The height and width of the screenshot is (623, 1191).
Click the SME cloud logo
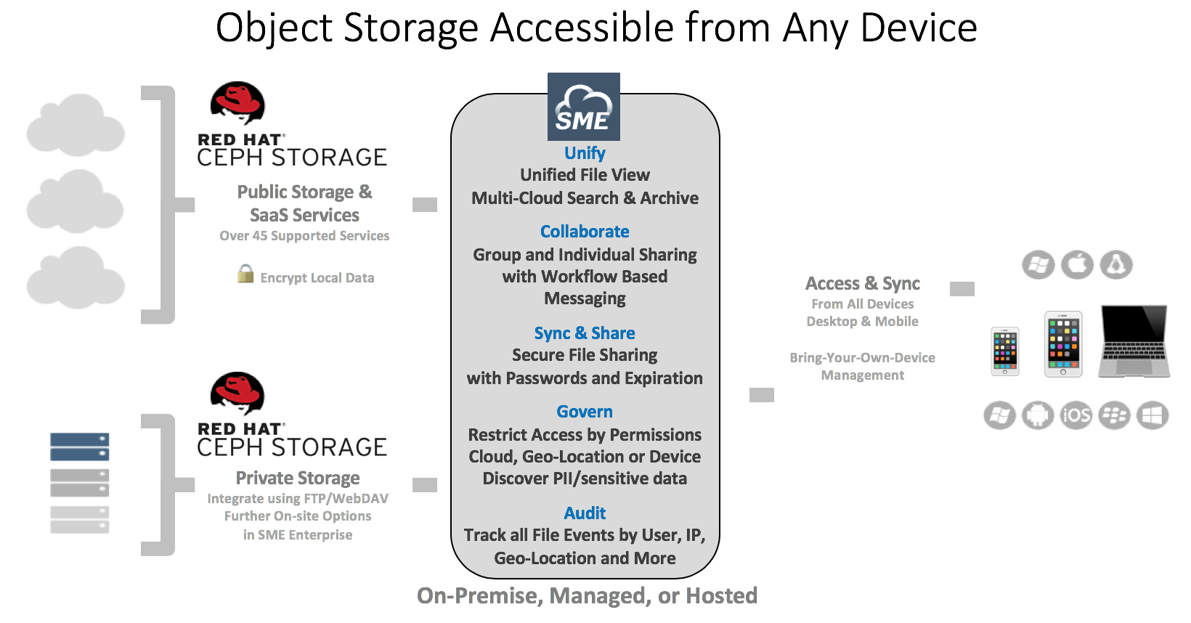(x=583, y=107)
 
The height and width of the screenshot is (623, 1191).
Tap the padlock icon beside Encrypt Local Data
(x=245, y=274)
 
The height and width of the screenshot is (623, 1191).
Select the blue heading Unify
(x=585, y=153)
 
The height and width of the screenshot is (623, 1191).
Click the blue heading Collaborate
(x=585, y=232)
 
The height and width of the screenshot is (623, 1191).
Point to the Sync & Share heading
(x=585, y=333)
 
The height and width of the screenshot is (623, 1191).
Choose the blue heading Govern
(x=585, y=412)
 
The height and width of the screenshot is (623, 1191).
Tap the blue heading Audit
(x=585, y=513)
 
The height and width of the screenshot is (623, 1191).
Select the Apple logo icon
(x=1077, y=265)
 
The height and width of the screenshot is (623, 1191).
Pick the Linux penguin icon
(x=1116, y=265)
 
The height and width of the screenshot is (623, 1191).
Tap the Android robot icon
(x=1038, y=415)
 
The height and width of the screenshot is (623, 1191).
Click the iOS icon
(x=1076, y=415)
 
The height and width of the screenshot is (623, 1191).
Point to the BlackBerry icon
(x=1114, y=415)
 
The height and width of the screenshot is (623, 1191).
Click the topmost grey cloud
(x=76, y=125)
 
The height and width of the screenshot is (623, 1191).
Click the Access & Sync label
(x=863, y=283)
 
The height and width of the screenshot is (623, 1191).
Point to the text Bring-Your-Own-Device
(x=862, y=358)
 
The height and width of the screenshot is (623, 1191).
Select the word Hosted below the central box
(x=721, y=596)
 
